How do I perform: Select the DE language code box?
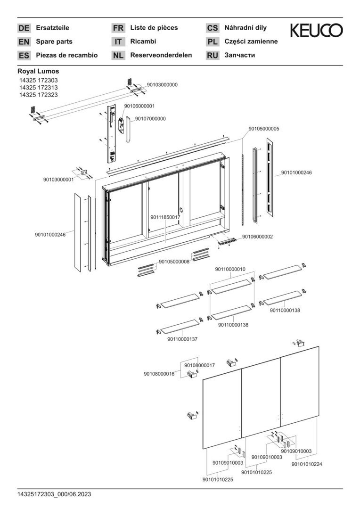(x=24, y=28)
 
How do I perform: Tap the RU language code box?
(x=213, y=56)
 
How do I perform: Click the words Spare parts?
(x=54, y=41)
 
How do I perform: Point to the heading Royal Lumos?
(x=38, y=71)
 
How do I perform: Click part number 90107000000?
(x=150, y=119)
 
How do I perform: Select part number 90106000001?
(x=139, y=106)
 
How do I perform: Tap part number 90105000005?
(x=264, y=129)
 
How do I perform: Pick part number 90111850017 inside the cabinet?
(x=165, y=217)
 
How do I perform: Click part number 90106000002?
(x=257, y=237)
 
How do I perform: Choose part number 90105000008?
(x=174, y=262)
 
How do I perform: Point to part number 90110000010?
(x=230, y=269)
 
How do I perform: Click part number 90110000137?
(x=182, y=339)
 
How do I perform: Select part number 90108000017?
(x=200, y=366)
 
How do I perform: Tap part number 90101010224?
(x=307, y=464)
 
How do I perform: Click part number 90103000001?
(x=58, y=180)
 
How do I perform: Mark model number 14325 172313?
(x=39, y=87)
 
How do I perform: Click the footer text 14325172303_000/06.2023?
(x=54, y=494)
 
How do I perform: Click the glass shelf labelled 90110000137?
(x=180, y=326)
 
